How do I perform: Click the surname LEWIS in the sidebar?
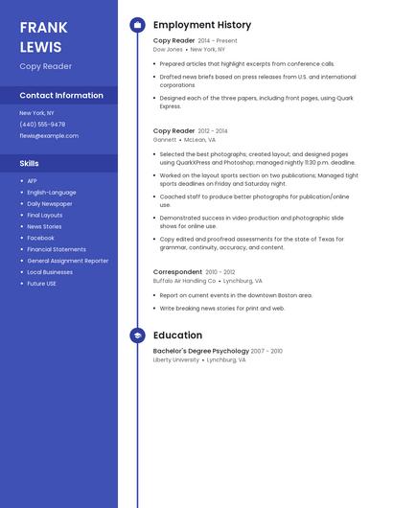[39, 47]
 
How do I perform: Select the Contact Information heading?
[61, 96]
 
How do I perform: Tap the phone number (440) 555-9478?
[42, 125]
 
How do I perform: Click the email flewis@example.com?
[49, 136]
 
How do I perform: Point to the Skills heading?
[30, 163]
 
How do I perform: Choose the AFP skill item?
[32, 181]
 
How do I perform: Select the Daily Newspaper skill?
[49, 204]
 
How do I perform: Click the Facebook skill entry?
[40, 238]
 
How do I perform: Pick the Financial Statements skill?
[57, 249]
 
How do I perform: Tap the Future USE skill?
[41, 284]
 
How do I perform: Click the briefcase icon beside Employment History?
[137, 25]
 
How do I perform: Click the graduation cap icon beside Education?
[137, 335]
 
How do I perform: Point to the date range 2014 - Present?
[218, 41]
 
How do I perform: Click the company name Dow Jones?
[168, 49]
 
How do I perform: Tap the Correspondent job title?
[177, 272]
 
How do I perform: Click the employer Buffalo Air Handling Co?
[184, 281]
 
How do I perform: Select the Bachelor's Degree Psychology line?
[200, 352]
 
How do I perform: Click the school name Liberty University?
[176, 360]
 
